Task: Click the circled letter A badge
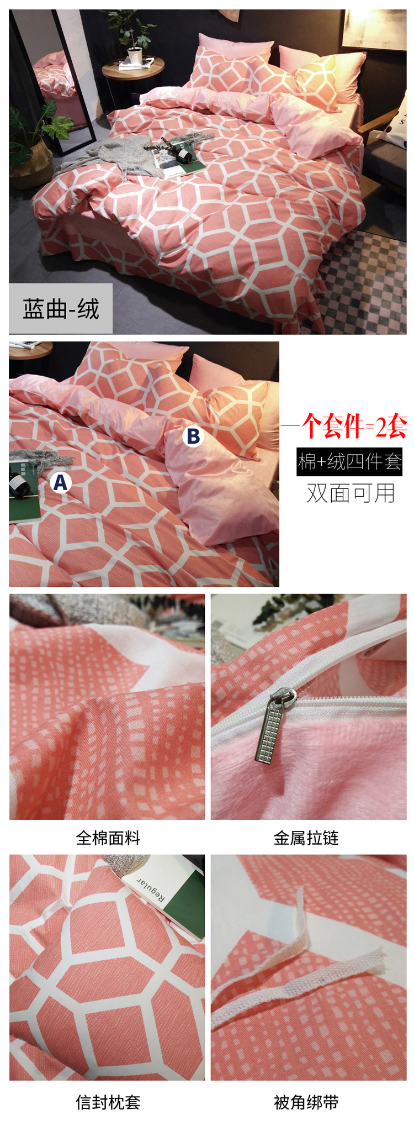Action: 60,482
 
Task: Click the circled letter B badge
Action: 193,436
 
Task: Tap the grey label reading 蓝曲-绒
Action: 61,308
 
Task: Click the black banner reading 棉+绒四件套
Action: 349,461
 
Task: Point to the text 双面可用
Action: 351,493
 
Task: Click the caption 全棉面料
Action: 108,838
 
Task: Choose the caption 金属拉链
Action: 306,838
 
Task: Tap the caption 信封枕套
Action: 108,1102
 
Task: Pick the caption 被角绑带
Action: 306,1102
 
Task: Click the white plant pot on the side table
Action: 135,55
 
